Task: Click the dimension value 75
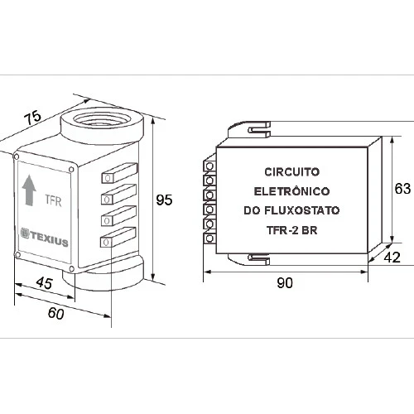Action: [32, 118]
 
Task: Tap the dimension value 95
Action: [164, 200]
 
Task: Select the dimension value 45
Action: [44, 282]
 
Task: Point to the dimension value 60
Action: [55, 313]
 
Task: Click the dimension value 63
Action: [402, 189]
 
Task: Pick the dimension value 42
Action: [392, 258]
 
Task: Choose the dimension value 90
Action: [285, 283]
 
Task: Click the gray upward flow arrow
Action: [29, 190]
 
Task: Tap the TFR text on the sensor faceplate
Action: [53, 200]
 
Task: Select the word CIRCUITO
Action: [292, 172]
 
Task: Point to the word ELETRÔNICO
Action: [291, 191]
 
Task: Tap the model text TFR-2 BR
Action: [292, 230]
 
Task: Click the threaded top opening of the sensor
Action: [103, 119]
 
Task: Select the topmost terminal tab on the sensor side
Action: [119, 173]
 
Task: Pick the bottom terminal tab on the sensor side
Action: [118, 238]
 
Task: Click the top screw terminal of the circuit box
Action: [209, 166]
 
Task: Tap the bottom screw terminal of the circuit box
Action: [209, 238]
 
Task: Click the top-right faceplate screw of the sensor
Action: [71, 169]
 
